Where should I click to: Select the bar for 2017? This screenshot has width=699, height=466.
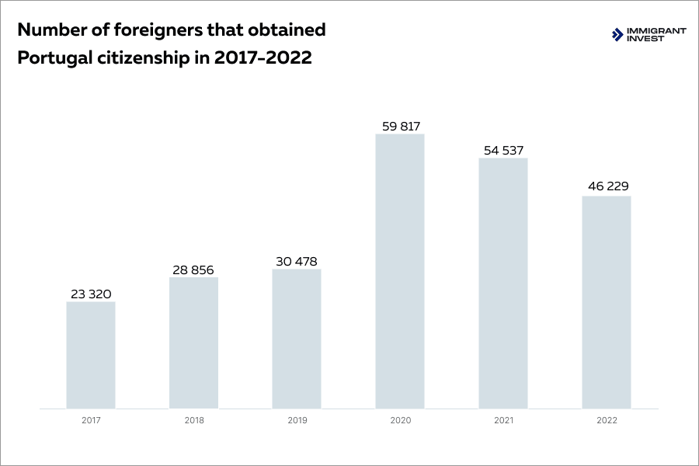(x=91, y=355)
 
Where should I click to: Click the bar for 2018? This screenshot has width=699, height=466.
(x=193, y=343)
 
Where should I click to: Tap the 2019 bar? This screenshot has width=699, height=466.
(x=297, y=339)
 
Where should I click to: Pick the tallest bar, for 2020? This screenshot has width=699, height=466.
(x=400, y=271)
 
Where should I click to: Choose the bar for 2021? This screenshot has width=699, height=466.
(x=503, y=283)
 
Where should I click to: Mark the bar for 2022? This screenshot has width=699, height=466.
(x=607, y=302)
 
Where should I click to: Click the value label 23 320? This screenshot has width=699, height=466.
(x=91, y=294)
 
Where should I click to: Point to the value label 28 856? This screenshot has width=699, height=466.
(x=193, y=270)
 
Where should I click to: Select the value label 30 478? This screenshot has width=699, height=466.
(x=297, y=261)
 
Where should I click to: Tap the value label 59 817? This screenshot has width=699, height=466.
(x=400, y=126)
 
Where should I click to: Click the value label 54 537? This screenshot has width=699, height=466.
(x=503, y=150)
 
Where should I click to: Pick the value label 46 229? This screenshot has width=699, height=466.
(x=607, y=187)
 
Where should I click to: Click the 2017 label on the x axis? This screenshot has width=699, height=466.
(x=91, y=420)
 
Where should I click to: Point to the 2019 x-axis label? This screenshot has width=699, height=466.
(x=297, y=420)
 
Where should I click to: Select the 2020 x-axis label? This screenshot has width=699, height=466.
(x=400, y=420)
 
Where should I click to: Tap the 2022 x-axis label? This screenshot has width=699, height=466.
(x=607, y=420)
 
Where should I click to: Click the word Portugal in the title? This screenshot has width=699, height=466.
(x=51, y=58)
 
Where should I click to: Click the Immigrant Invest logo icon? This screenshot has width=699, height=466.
(x=617, y=34)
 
